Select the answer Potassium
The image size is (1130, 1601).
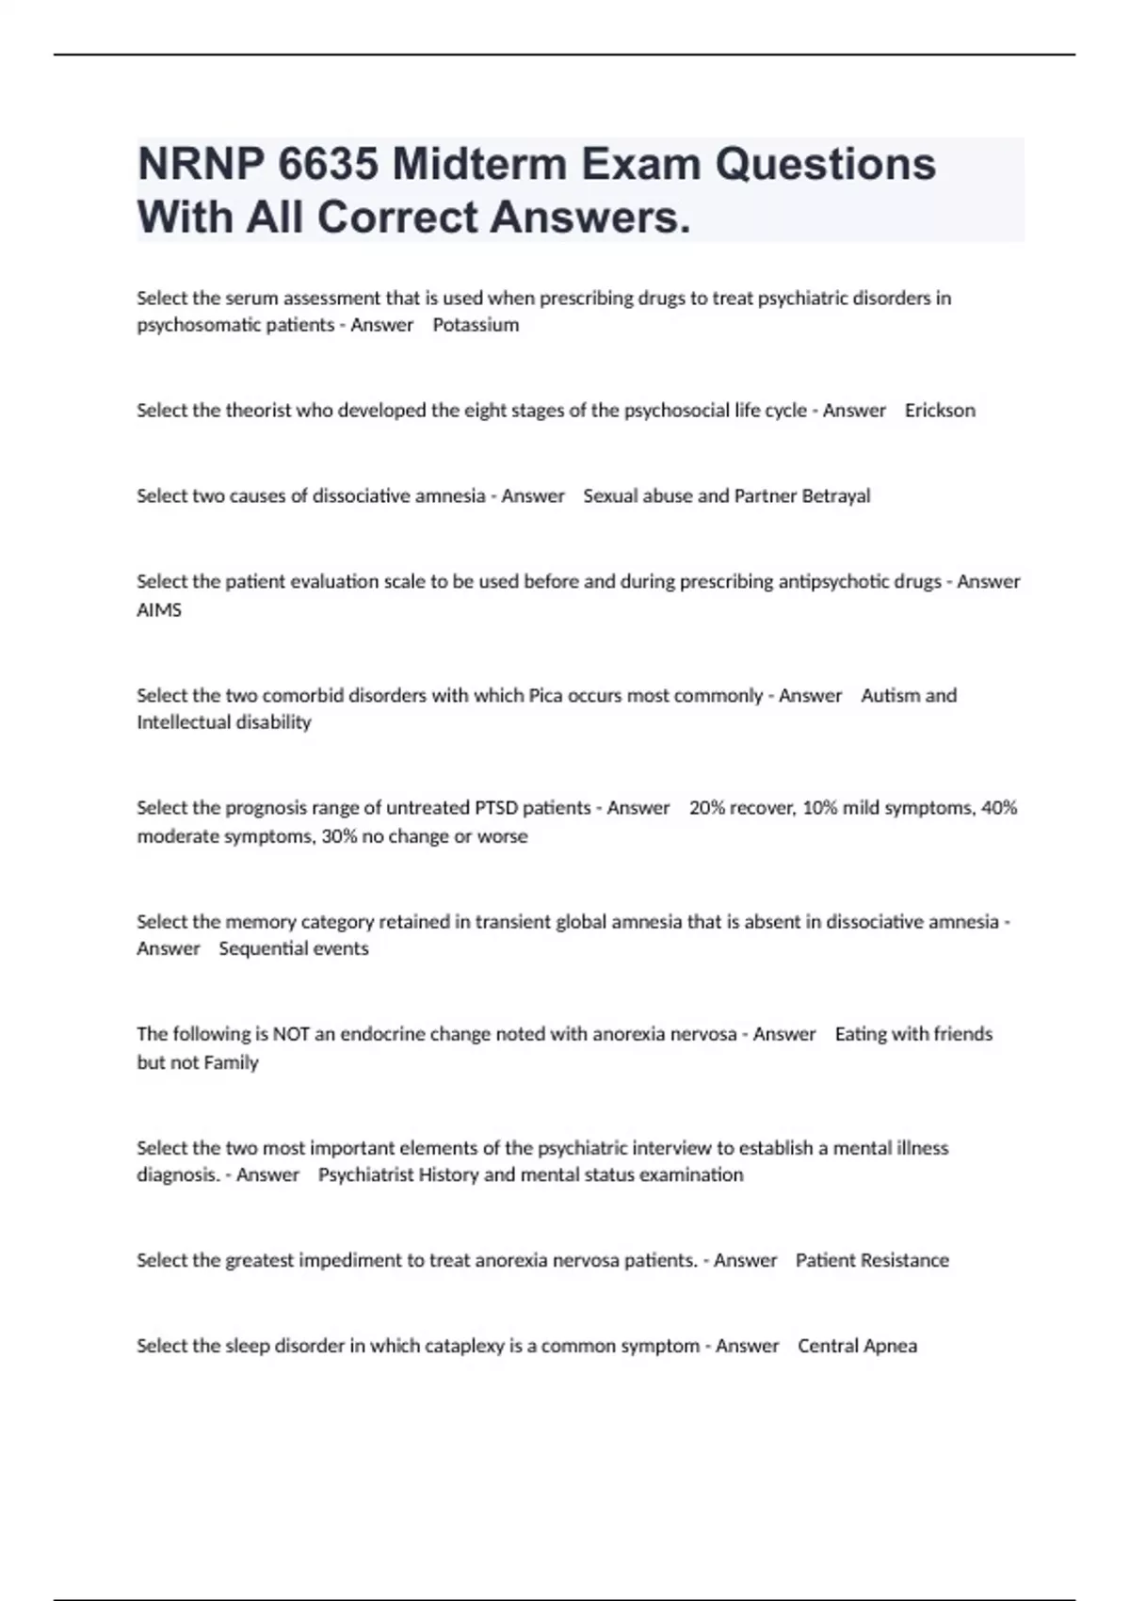[x=476, y=325]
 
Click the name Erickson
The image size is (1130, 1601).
[x=940, y=411]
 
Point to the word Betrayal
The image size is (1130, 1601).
[x=835, y=496]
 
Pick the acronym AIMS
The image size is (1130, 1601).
[x=159, y=610]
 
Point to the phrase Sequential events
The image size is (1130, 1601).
[x=294, y=949]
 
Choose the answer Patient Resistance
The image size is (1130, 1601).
[x=872, y=1261]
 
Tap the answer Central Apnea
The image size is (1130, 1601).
[x=857, y=1347]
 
